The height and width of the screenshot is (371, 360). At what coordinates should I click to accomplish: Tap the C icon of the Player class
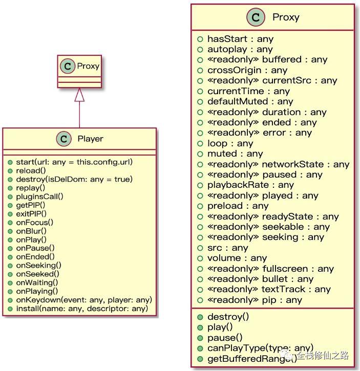pos(63,139)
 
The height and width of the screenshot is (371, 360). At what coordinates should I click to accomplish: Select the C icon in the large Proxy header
pos(256,17)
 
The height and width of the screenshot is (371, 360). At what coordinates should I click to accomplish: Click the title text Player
pos(90,139)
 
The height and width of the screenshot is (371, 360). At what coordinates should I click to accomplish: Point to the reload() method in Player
pos(31,170)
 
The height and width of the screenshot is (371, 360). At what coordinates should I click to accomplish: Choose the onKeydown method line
pos(84,300)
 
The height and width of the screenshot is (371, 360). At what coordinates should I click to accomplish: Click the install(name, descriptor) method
pos(82,309)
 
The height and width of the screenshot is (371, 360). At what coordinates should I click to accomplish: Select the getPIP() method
pos(31,205)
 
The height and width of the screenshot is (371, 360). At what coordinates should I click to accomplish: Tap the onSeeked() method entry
pos(38,274)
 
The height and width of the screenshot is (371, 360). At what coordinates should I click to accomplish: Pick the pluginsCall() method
pos(39,197)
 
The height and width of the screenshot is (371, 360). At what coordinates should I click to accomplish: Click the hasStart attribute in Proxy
pos(240,39)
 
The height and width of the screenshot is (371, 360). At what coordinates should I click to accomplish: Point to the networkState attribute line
pos(278,164)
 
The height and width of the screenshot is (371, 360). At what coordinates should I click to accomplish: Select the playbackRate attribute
pos(250,185)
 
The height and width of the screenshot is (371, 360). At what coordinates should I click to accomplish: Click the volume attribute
pos(237,258)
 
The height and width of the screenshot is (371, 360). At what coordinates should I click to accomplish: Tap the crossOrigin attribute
pos(247,70)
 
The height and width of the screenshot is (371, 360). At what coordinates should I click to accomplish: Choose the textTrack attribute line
pos(269,289)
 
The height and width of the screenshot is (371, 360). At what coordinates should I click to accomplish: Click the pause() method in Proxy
pos(225,338)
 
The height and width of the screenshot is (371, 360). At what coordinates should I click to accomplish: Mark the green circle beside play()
pos(200,328)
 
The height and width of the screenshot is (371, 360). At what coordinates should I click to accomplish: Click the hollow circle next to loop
pos(200,143)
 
